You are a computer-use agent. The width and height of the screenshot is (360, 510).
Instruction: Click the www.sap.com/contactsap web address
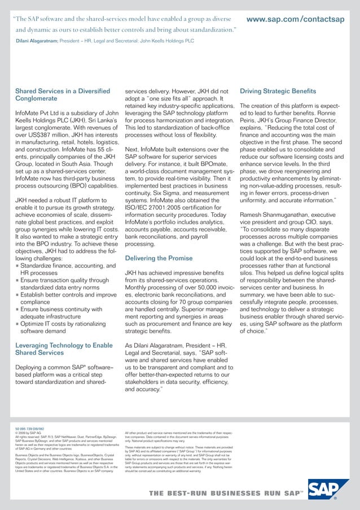(295, 19)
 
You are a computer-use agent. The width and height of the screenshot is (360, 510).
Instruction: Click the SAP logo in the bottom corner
(329, 491)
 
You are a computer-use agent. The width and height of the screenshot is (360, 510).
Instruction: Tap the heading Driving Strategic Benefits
(278, 91)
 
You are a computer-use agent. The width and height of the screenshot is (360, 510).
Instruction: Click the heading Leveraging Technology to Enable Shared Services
(64, 349)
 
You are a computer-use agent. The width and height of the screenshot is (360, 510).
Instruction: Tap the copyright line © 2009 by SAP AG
(28, 433)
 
